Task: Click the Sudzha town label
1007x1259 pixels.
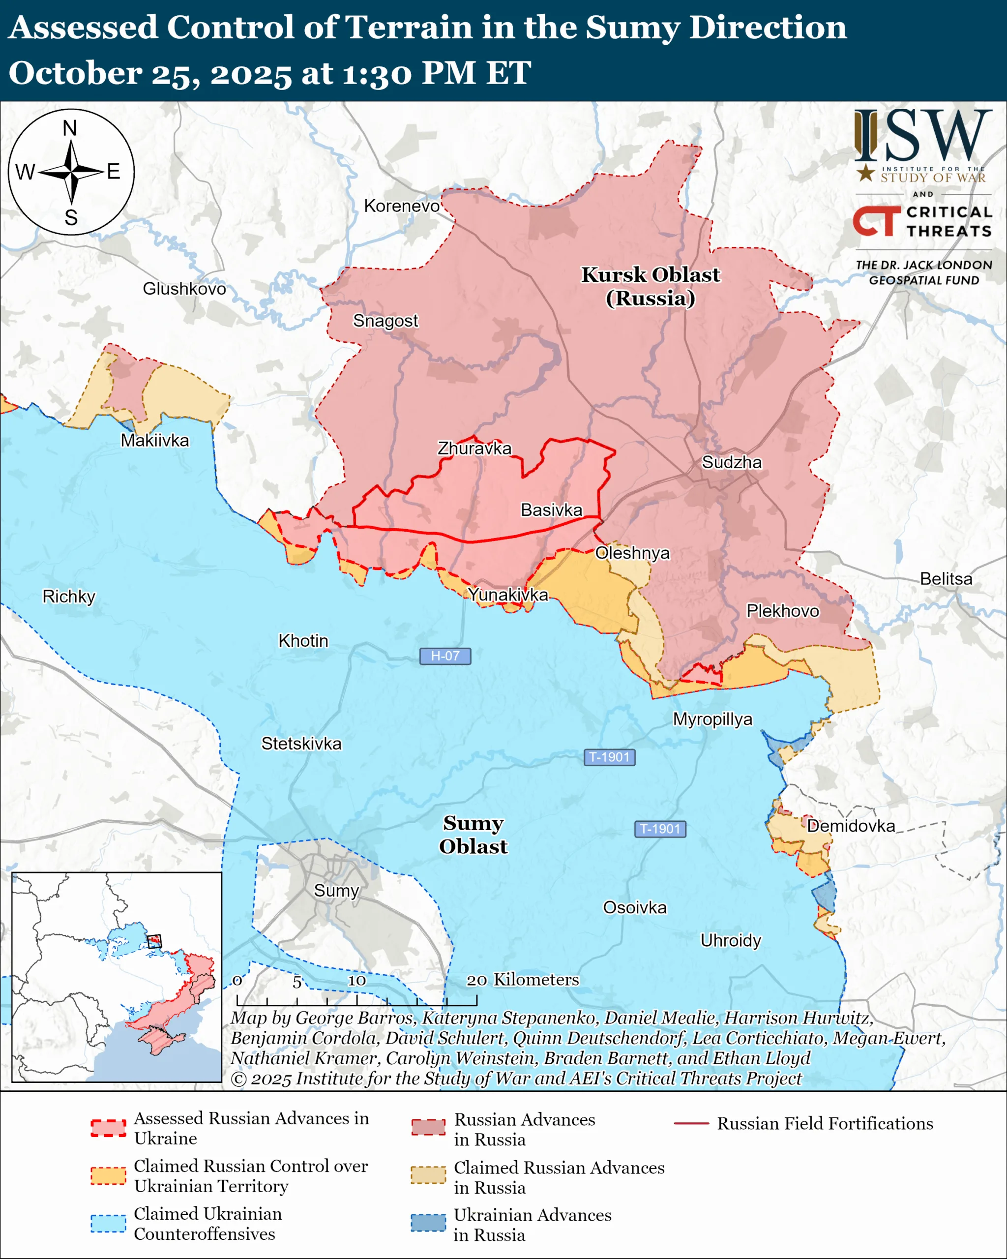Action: [732, 462]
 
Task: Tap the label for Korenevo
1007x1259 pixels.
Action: [402, 206]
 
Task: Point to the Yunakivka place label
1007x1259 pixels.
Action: [508, 595]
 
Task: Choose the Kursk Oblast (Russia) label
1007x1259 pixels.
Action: [651, 286]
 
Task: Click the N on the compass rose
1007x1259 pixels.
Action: [70, 128]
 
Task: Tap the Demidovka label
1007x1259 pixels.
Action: [851, 826]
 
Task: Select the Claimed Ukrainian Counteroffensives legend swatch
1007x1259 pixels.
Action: [108, 1224]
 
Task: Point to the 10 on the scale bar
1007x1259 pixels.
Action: [356, 981]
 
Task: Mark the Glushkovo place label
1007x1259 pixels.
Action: [184, 289]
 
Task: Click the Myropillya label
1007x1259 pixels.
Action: [712, 719]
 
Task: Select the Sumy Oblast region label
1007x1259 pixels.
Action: [473, 835]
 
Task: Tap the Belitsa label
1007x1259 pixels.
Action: [946, 579]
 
